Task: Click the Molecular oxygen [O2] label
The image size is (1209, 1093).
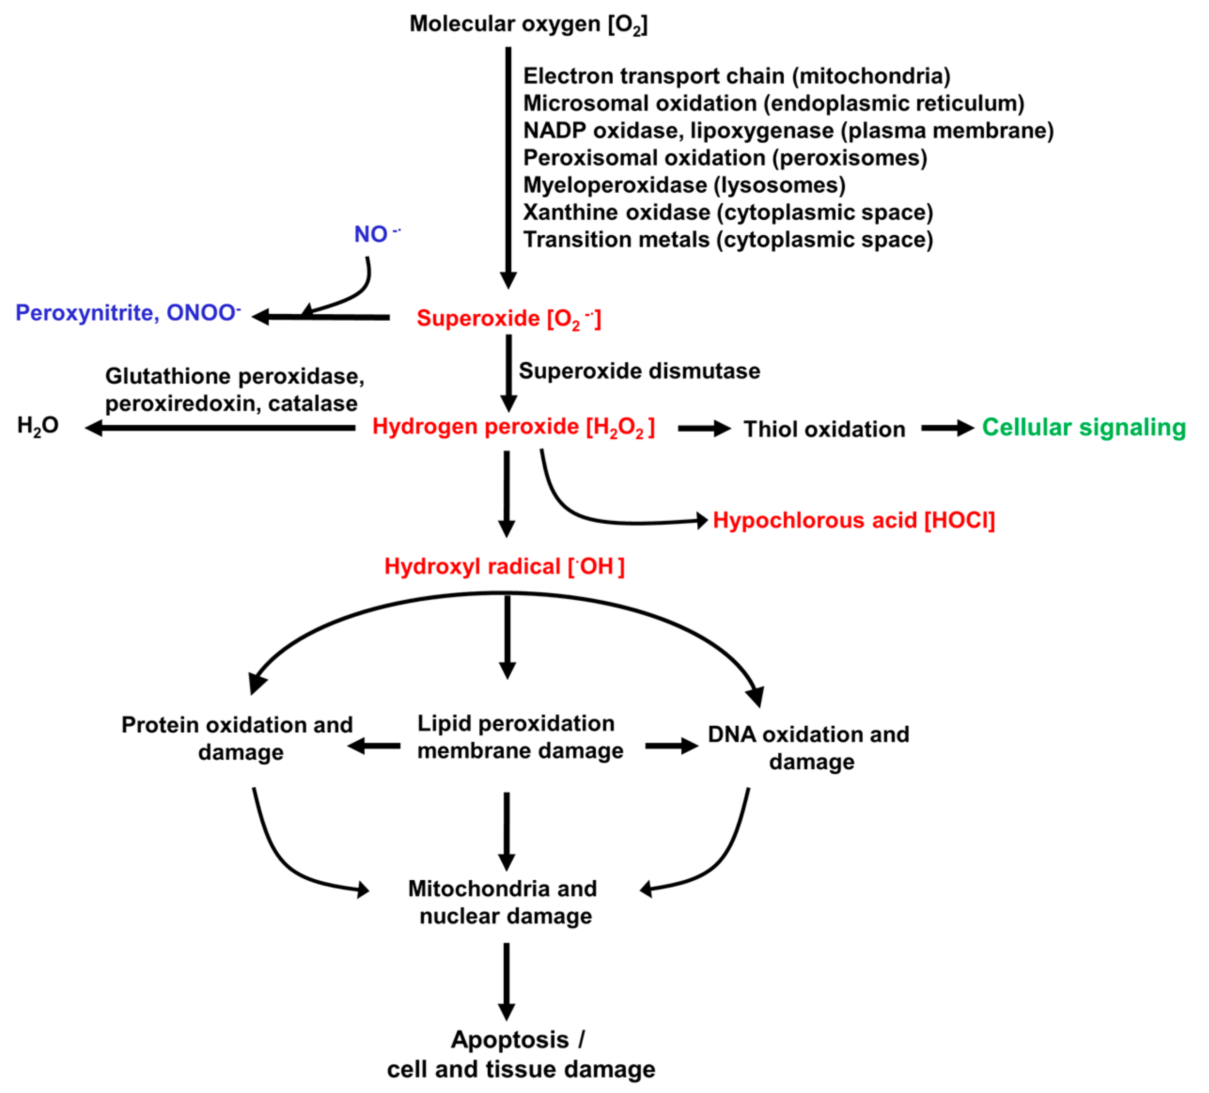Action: (528, 24)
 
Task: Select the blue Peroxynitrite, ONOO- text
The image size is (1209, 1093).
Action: (127, 313)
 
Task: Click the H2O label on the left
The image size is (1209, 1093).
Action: (38, 426)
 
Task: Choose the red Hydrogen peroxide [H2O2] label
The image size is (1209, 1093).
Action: (513, 427)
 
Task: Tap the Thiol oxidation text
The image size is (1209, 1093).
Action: (824, 429)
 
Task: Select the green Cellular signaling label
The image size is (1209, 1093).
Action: (1084, 427)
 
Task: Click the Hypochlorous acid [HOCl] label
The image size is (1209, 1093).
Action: (853, 520)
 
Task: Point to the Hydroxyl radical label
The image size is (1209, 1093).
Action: (504, 566)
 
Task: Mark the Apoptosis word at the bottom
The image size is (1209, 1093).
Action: (510, 1039)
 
